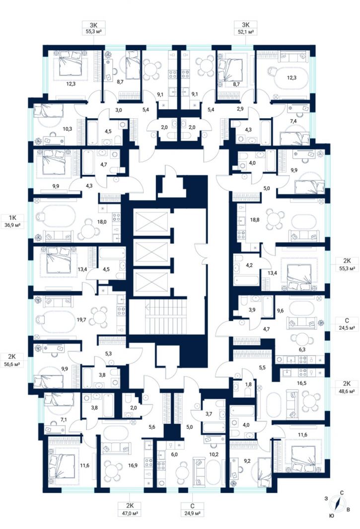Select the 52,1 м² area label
click(245, 32)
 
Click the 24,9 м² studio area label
click(192, 514)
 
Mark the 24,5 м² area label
click(347, 328)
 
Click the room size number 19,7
click(81, 319)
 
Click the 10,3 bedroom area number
click(67, 129)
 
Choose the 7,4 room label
click(293, 121)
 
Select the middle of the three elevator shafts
click(151, 252)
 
